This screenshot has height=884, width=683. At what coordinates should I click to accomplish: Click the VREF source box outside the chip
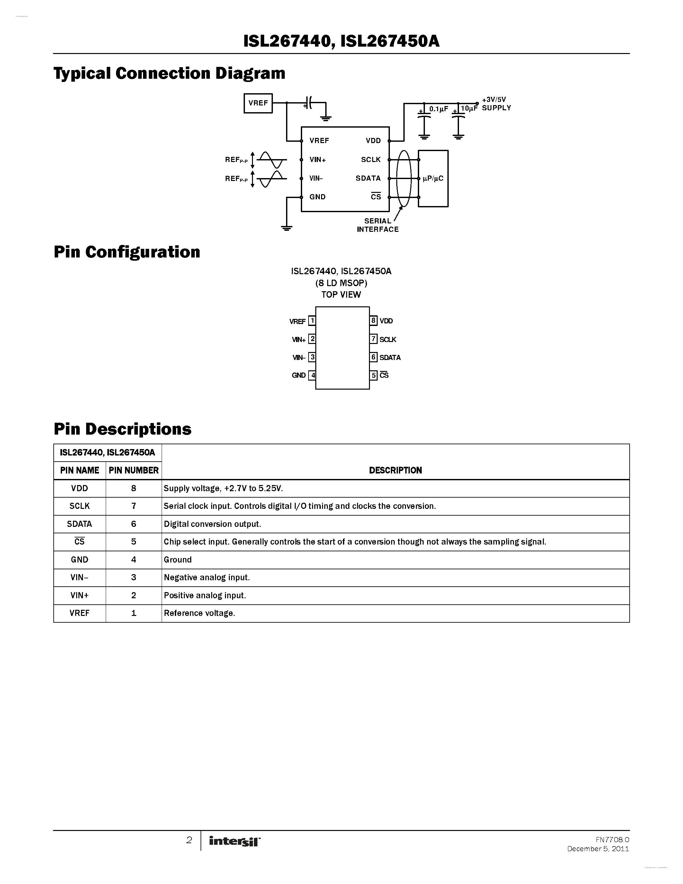pyautogui.click(x=258, y=103)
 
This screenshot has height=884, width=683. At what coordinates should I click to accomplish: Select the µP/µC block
pyautogui.click(x=433, y=178)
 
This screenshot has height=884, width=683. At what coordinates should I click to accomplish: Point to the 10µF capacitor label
pyautogui.click(x=469, y=108)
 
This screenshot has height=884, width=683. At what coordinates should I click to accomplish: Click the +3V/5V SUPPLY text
pyautogui.click(x=496, y=104)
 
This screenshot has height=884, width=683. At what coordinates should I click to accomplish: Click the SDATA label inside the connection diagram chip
pyautogui.click(x=368, y=178)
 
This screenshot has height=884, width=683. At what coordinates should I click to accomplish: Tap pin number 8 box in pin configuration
pyautogui.click(x=373, y=320)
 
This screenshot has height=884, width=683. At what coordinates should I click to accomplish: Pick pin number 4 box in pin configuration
pyautogui.click(x=312, y=375)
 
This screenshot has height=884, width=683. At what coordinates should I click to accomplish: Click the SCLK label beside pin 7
pyautogui.click(x=388, y=339)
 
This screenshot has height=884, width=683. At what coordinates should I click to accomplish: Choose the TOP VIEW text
pyautogui.click(x=341, y=295)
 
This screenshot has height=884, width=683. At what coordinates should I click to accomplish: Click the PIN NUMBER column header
pyautogui.click(x=133, y=470)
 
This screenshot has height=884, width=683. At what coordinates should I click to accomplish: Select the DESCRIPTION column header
pyautogui.click(x=395, y=470)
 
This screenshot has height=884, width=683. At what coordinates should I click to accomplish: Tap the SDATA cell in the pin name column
pyautogui.click(x=79, y=524)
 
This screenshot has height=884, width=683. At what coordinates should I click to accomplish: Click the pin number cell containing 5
pyautogui.click(x=133, y=542)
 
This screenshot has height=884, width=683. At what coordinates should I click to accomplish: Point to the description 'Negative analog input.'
pyautogui.click(x=207, y=577)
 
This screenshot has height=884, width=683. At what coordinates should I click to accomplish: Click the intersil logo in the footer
pyautogui.click(x=235, y=841)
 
